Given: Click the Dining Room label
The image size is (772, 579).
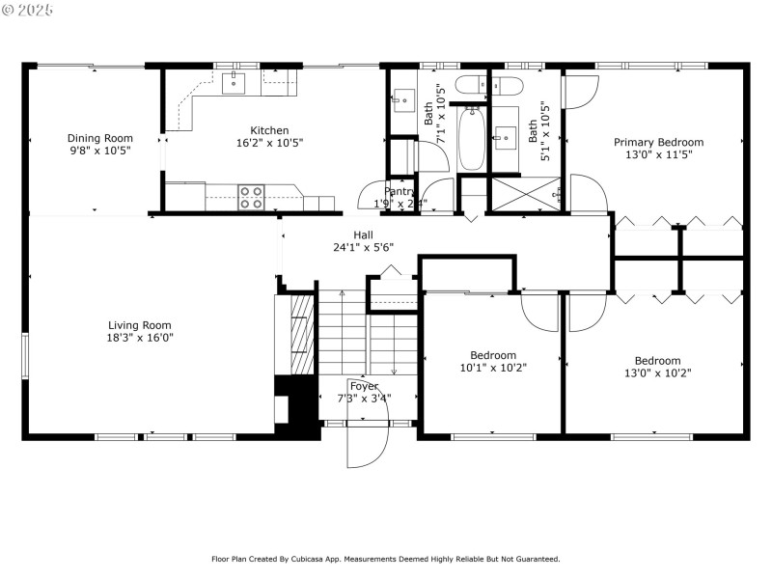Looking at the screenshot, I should coord(99,138).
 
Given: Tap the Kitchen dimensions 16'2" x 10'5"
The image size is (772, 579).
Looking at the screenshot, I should coord(269,143).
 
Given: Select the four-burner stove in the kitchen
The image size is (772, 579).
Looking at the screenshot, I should coord(251,197).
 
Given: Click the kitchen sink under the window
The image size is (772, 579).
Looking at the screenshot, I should coord(234,84).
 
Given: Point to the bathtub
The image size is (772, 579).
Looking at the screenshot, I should coord(472,139).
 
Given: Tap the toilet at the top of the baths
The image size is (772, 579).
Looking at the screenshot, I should coord(473,84).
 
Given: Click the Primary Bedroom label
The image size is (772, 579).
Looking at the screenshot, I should coord(658,142).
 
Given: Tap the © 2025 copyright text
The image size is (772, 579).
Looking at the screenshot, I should coord(29,9).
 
